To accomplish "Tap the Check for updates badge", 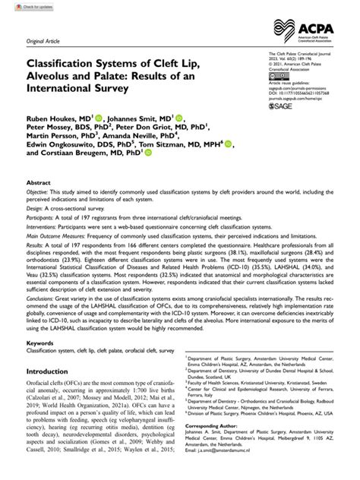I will (25, 7).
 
